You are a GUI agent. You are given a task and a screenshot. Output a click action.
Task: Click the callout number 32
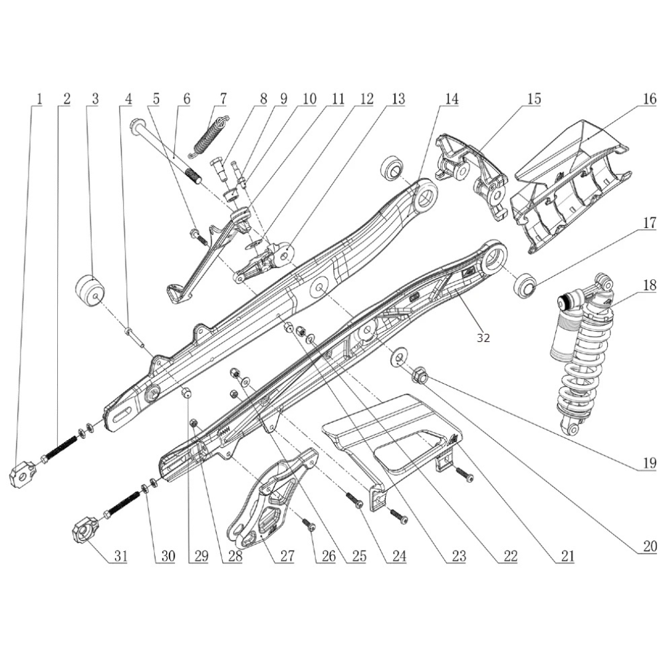483,338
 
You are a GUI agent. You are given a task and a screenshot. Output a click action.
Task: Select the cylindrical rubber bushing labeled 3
89,291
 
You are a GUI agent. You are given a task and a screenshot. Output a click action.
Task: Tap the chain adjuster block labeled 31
84,531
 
